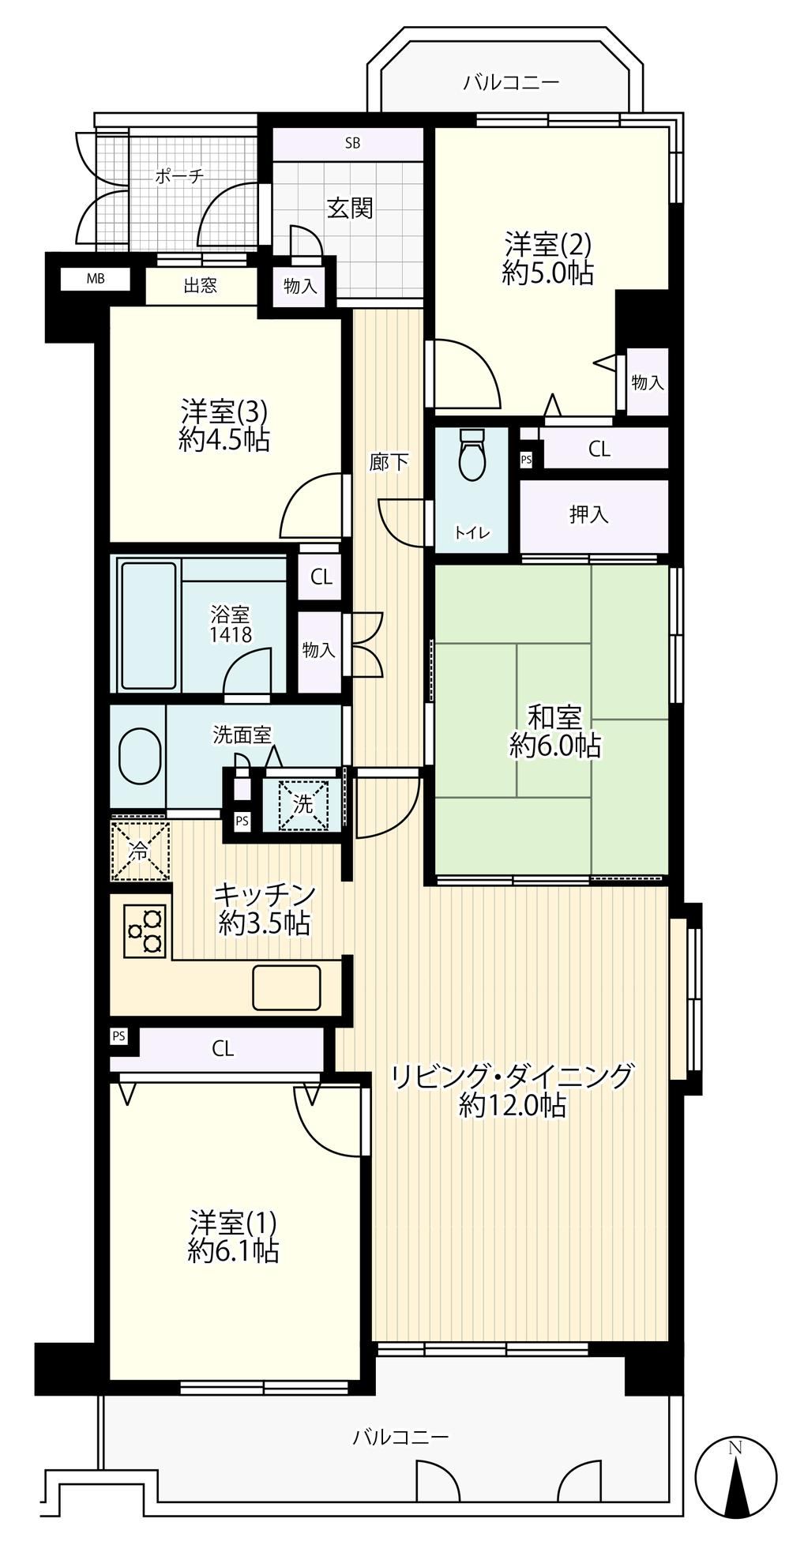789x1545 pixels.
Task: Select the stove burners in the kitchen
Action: point(145,932)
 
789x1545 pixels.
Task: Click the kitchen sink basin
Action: point(287,987)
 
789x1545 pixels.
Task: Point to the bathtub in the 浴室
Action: point(148,626)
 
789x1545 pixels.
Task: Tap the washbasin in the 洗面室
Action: point(140,755)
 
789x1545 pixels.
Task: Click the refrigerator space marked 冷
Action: point(140,851)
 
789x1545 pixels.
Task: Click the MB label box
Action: point(95,278)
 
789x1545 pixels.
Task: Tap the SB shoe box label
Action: point(352,143)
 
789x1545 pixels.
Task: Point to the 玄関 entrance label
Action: point(350,208)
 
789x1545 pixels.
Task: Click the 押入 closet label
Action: point(589,514)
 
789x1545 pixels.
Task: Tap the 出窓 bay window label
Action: point(201,285)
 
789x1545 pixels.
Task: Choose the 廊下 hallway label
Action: point(389,462)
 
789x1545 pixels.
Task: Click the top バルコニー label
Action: point(511,81)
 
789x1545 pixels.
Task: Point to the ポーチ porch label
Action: point(178,176)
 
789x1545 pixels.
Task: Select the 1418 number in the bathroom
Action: point(231,633)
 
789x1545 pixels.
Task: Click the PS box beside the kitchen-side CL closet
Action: point(118,1036)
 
